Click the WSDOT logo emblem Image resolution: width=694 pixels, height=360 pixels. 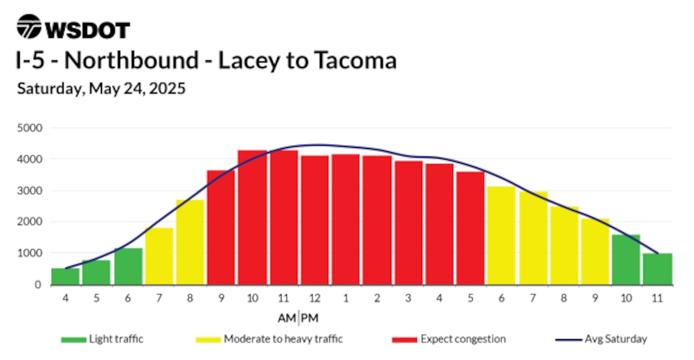click(x=29, y=27)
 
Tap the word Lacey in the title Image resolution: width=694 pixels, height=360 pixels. click(x=249, y=61)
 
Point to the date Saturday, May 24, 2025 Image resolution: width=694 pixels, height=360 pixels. click(x=101, y=89)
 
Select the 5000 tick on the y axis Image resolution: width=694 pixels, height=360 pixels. click(x=29, y=128)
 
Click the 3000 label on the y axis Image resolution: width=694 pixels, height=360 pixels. click(x=29, y=191)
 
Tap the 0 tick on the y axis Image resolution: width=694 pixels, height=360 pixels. click(x=38, y=285)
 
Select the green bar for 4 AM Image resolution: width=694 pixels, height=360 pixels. click(x=66, y=276)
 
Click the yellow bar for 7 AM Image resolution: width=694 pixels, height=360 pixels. click(x=159, y=256)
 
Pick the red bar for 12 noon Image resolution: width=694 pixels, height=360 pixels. click(x=315, y=220)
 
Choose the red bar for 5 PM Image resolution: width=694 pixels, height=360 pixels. click(x=470, y=228)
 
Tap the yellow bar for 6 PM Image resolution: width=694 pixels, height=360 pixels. click(x=501, y=236)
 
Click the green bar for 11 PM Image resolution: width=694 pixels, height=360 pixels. click(x=657, y=269)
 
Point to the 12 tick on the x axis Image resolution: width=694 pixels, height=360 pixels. click(x=315, y=298)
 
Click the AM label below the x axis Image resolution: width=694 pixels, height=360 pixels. click(x=287, y=318)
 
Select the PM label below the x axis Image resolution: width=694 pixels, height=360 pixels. click(x=309, y=318)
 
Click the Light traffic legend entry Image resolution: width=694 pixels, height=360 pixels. click(x=102, y=339)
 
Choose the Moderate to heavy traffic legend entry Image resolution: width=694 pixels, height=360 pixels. click(x=269, y=339)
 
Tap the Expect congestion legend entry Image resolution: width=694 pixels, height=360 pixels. click(x=449, y=339)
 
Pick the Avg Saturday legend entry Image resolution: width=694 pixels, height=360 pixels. click(x=601, y=339)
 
